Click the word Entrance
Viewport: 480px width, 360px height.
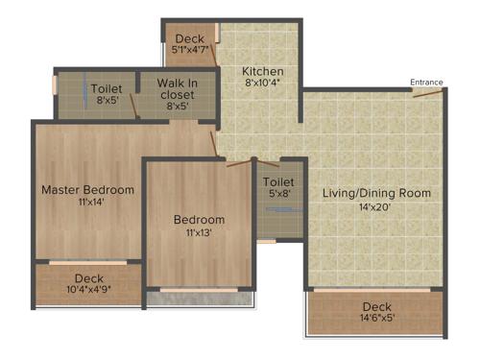click(x=427, y=83)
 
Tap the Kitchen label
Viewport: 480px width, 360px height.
click(x=261, y=71)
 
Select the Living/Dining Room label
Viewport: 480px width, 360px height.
click(x=376, y=193)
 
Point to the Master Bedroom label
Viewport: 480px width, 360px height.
click(x=87, y=190)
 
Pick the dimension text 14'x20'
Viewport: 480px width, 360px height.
click(x=376, y=206)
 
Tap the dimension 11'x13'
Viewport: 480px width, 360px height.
click(x=199, y=232)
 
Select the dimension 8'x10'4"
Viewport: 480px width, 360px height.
click(x=261, y=84)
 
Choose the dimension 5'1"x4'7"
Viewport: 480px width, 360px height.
click(x=188, y=50)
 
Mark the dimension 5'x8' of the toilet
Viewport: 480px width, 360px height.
click(x=278, y=194)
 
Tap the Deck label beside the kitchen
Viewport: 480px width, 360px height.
click(x=189, y=38)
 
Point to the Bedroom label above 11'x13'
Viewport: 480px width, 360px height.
click(x=199, y=220)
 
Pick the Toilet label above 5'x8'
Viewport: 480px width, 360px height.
click(x=278, y=181)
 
